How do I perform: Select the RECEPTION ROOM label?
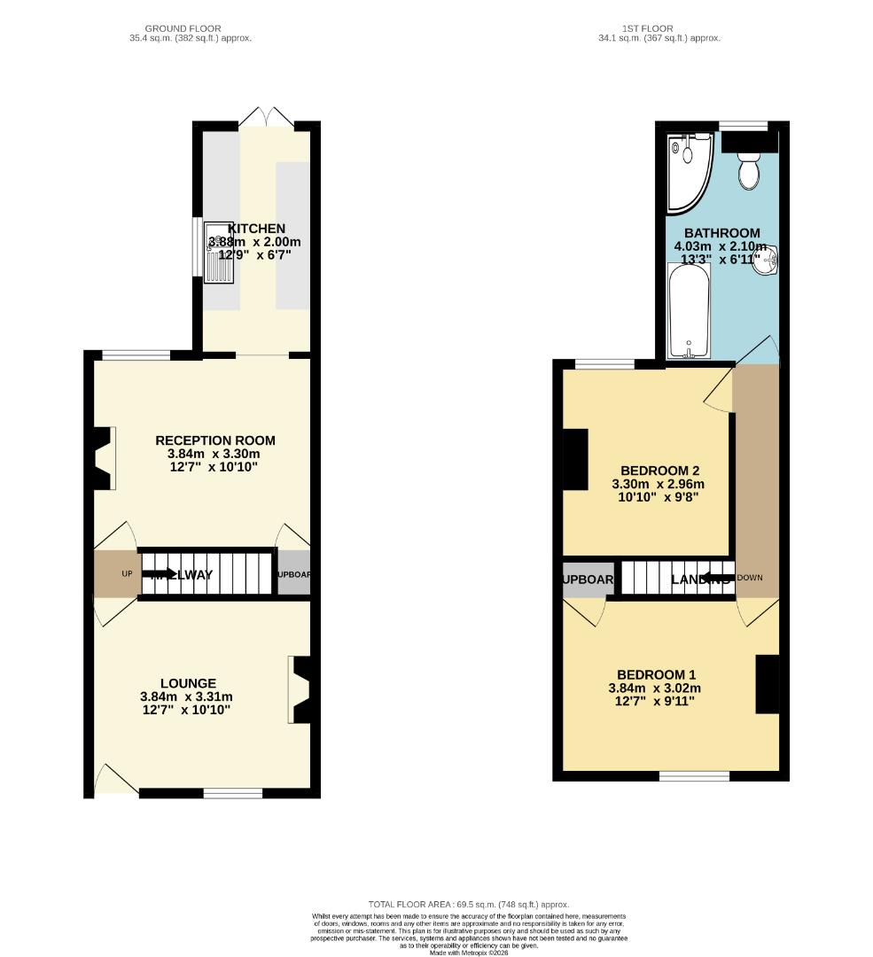215,440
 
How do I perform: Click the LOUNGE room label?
188,683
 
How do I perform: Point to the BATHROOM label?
721,233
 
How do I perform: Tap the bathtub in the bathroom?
688,310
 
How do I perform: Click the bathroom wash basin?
767,260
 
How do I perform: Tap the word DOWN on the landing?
749,578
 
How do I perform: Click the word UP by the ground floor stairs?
127,574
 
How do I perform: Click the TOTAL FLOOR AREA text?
469,904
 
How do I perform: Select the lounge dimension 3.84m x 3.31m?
187,696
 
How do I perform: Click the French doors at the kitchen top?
267,116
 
